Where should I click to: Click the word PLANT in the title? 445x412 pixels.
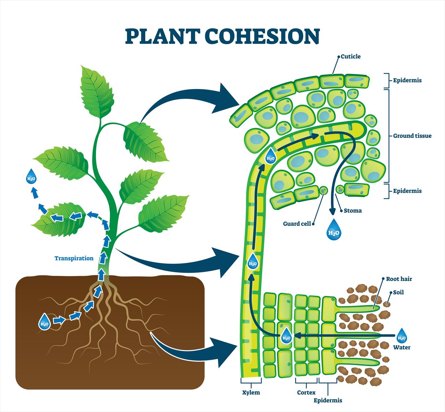point(162,36)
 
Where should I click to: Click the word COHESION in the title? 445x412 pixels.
point(262,36)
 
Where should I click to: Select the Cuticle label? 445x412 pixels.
point(351,56)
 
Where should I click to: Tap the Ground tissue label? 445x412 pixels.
point(412,136)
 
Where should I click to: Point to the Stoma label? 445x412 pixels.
point(353,211)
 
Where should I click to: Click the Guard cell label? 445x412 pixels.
point(297,224)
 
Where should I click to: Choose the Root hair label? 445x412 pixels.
point(399,279)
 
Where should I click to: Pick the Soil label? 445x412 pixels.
point(398,292)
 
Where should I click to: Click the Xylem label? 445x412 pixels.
point(251,393)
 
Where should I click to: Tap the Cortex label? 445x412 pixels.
point(306,393)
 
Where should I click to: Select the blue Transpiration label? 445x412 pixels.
point(74,258)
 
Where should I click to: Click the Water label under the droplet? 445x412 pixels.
point(402,347)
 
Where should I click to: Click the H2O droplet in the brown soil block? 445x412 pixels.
point(44,322)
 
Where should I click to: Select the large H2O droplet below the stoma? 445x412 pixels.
point(334,230)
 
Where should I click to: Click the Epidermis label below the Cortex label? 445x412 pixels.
point(328,400)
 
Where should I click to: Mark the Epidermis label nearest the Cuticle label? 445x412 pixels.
point(407,80)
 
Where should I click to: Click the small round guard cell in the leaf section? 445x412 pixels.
point(323,190)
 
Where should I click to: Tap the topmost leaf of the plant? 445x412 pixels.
point(96,91)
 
